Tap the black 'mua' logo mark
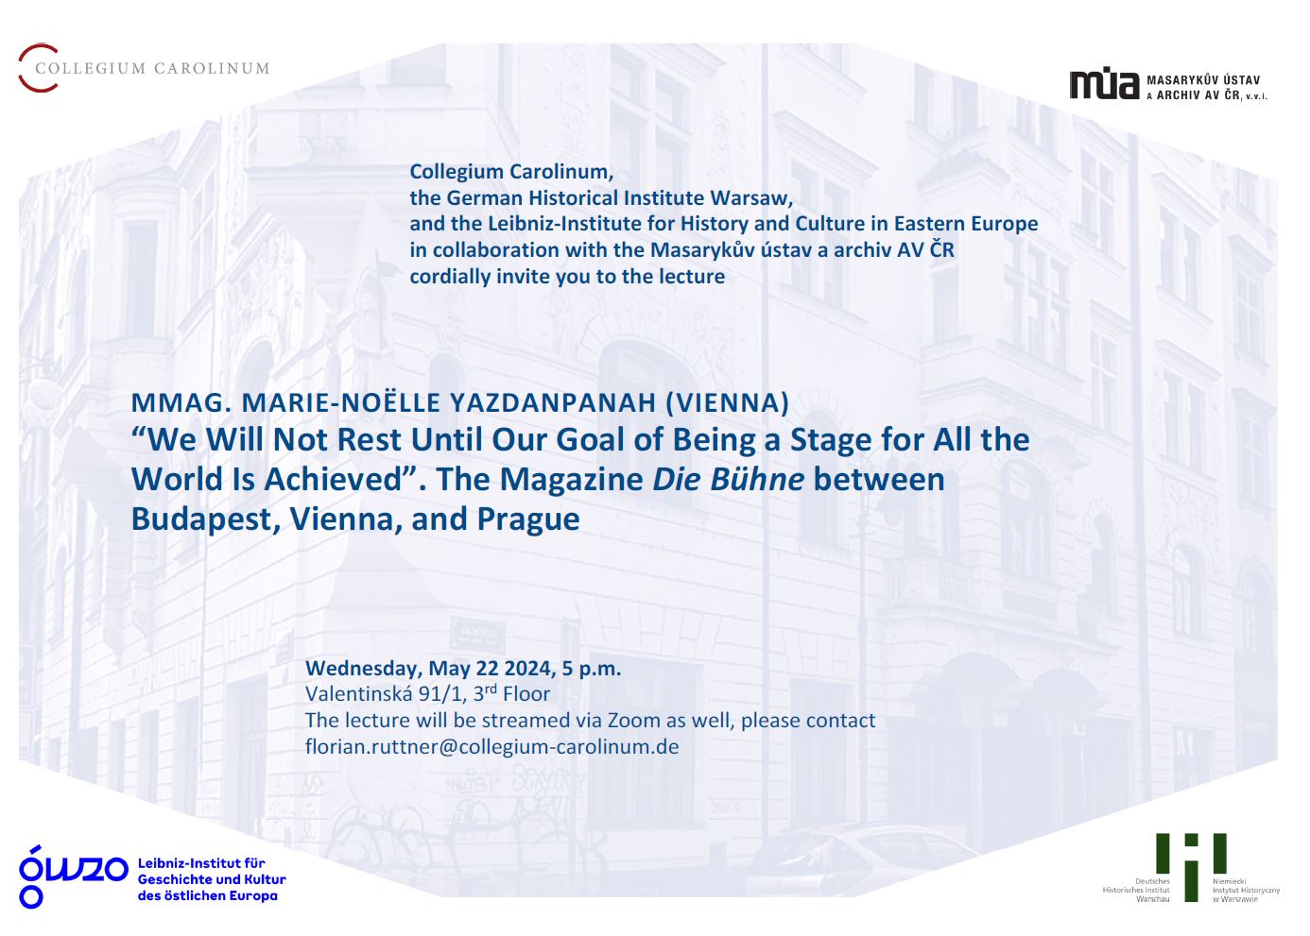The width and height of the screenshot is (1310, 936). click(1104, 85)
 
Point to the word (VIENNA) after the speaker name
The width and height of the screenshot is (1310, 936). click(728, 402)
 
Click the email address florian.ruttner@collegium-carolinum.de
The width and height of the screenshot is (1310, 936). click(491, 747)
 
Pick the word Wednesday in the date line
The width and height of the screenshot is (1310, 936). click(364, 669)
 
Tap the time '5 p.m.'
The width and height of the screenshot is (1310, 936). click(592, 668)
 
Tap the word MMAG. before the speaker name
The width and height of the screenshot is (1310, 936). click(181, 402)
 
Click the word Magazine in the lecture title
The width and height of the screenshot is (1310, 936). click(572, 480)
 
